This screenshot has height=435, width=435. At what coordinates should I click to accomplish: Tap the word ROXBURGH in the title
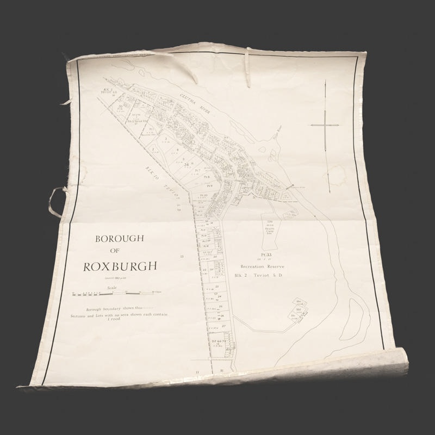point(120,266)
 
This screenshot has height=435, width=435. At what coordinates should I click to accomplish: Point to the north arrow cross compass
point(325,125)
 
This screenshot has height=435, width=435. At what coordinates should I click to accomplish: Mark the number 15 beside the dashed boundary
point(183,256)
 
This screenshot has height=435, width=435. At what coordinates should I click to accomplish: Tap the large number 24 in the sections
point(187,164)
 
